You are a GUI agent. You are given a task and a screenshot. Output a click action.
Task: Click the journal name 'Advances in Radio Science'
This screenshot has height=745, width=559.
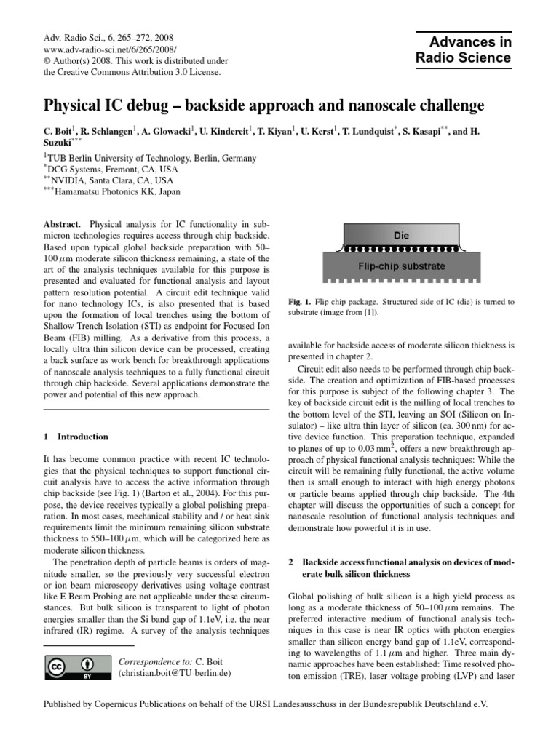click(x=463, y=49)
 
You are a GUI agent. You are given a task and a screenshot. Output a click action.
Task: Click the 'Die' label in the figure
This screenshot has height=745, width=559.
click(x=401, y=236)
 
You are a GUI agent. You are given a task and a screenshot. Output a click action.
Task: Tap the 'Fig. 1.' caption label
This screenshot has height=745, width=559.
click(x=301, y=302)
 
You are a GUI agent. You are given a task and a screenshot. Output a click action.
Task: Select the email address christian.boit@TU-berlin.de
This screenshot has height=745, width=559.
click(x=174, y=674)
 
